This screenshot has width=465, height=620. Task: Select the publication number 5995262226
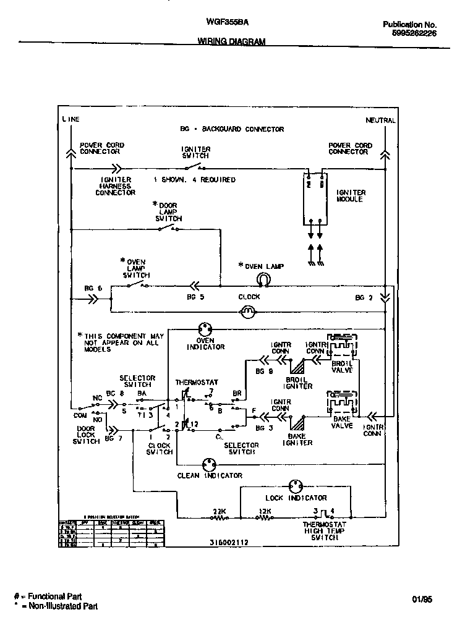coord(414,34)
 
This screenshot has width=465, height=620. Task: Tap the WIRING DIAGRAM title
coord(231,42)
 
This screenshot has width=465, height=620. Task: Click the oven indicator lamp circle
coord(205,328)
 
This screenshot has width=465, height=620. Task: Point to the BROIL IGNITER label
coord(299,383)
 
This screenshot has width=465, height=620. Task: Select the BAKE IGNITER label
coord(297,439)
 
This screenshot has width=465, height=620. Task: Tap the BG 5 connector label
coord(195,297)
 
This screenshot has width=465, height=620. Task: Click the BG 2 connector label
coord(364,297)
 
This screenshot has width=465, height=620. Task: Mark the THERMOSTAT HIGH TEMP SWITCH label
coord(324,530)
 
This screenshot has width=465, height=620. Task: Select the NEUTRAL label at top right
coord(380,121)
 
